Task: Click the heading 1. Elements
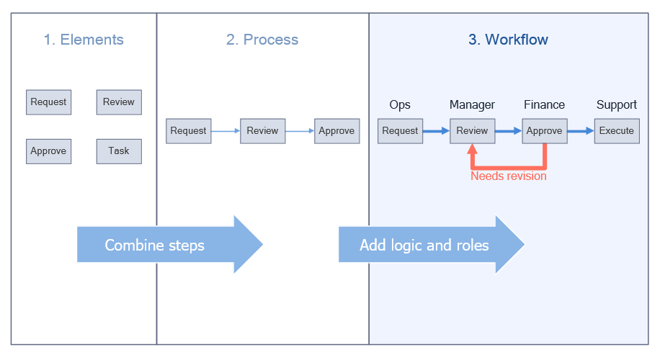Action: (84, 40)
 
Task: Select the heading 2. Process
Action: (262, 40)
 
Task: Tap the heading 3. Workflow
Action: (508, 40)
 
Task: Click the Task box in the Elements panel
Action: (119, 151)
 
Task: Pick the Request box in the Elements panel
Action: (48, 102)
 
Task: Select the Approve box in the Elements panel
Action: (48, 151)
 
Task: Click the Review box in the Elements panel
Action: (119, 102)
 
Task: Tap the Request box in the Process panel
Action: (189, 131)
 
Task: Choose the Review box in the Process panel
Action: (262, 131)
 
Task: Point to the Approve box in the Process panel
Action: (336, 131)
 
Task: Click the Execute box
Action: (617, 131)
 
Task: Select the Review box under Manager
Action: (473, 131)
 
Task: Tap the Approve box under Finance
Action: (545, 131)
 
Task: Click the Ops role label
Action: (400, 105)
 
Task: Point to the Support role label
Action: (617, 105)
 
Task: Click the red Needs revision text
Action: (509, 176)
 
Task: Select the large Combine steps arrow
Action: (169, 245)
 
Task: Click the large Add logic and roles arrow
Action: (431, 245)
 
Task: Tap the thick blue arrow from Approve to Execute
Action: (580, 131)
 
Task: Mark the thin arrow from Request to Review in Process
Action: (226, 131)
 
